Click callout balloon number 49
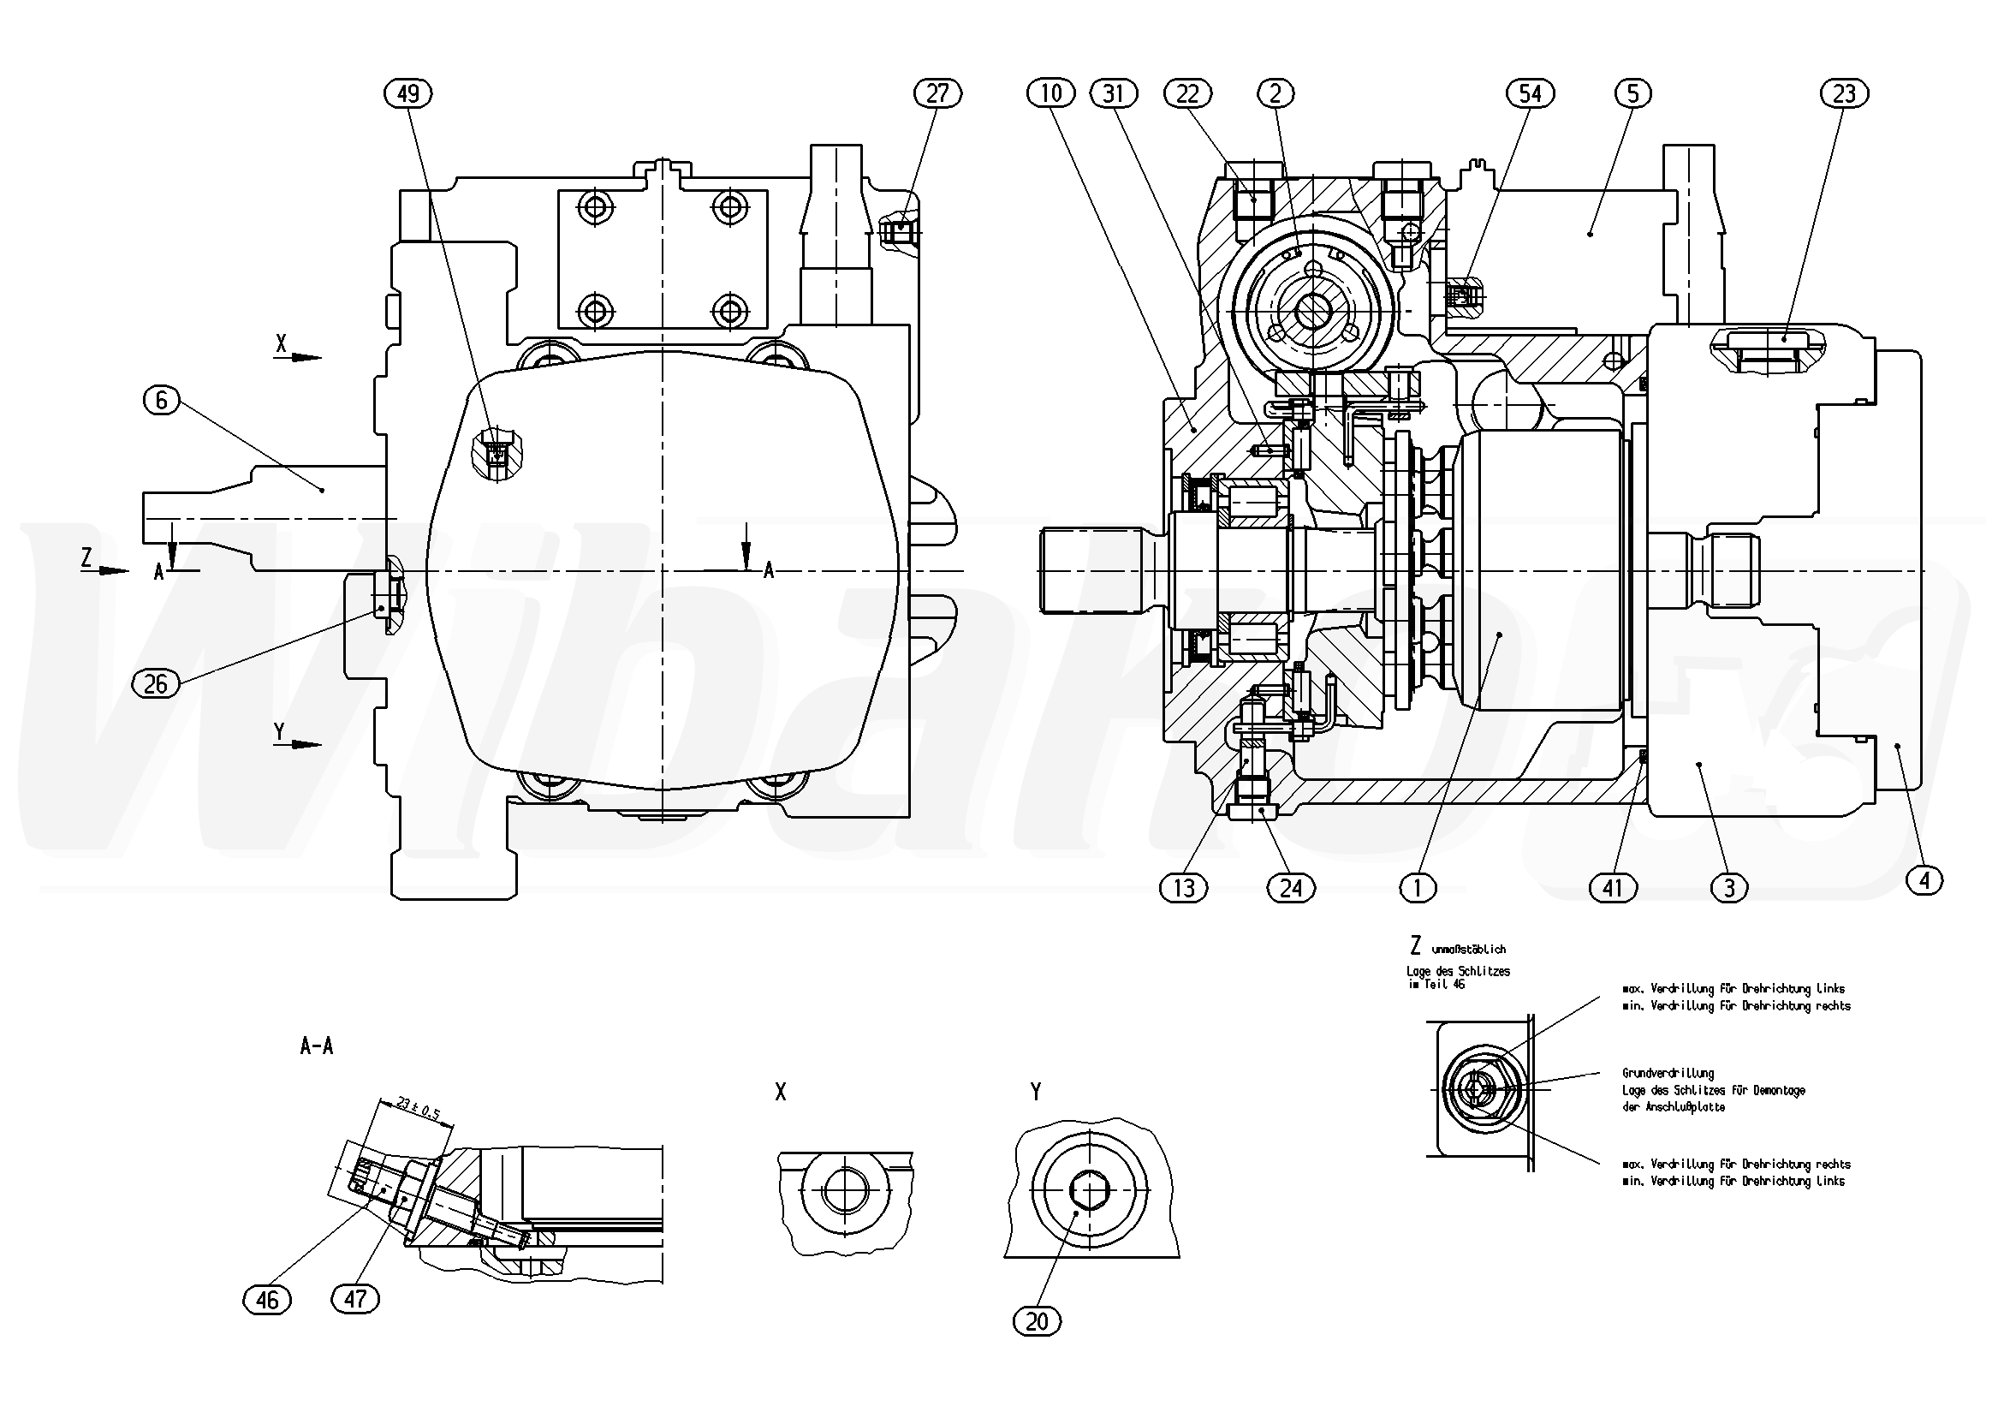408,93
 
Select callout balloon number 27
937,93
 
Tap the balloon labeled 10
1052,92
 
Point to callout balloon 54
1530,93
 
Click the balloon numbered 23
1844,93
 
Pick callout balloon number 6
162,401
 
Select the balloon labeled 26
155,682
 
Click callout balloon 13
1184,889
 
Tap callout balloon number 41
1612,889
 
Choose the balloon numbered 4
1924,881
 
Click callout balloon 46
267,1300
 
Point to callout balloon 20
1037,1322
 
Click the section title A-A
316,1046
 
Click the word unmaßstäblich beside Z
1469,949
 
